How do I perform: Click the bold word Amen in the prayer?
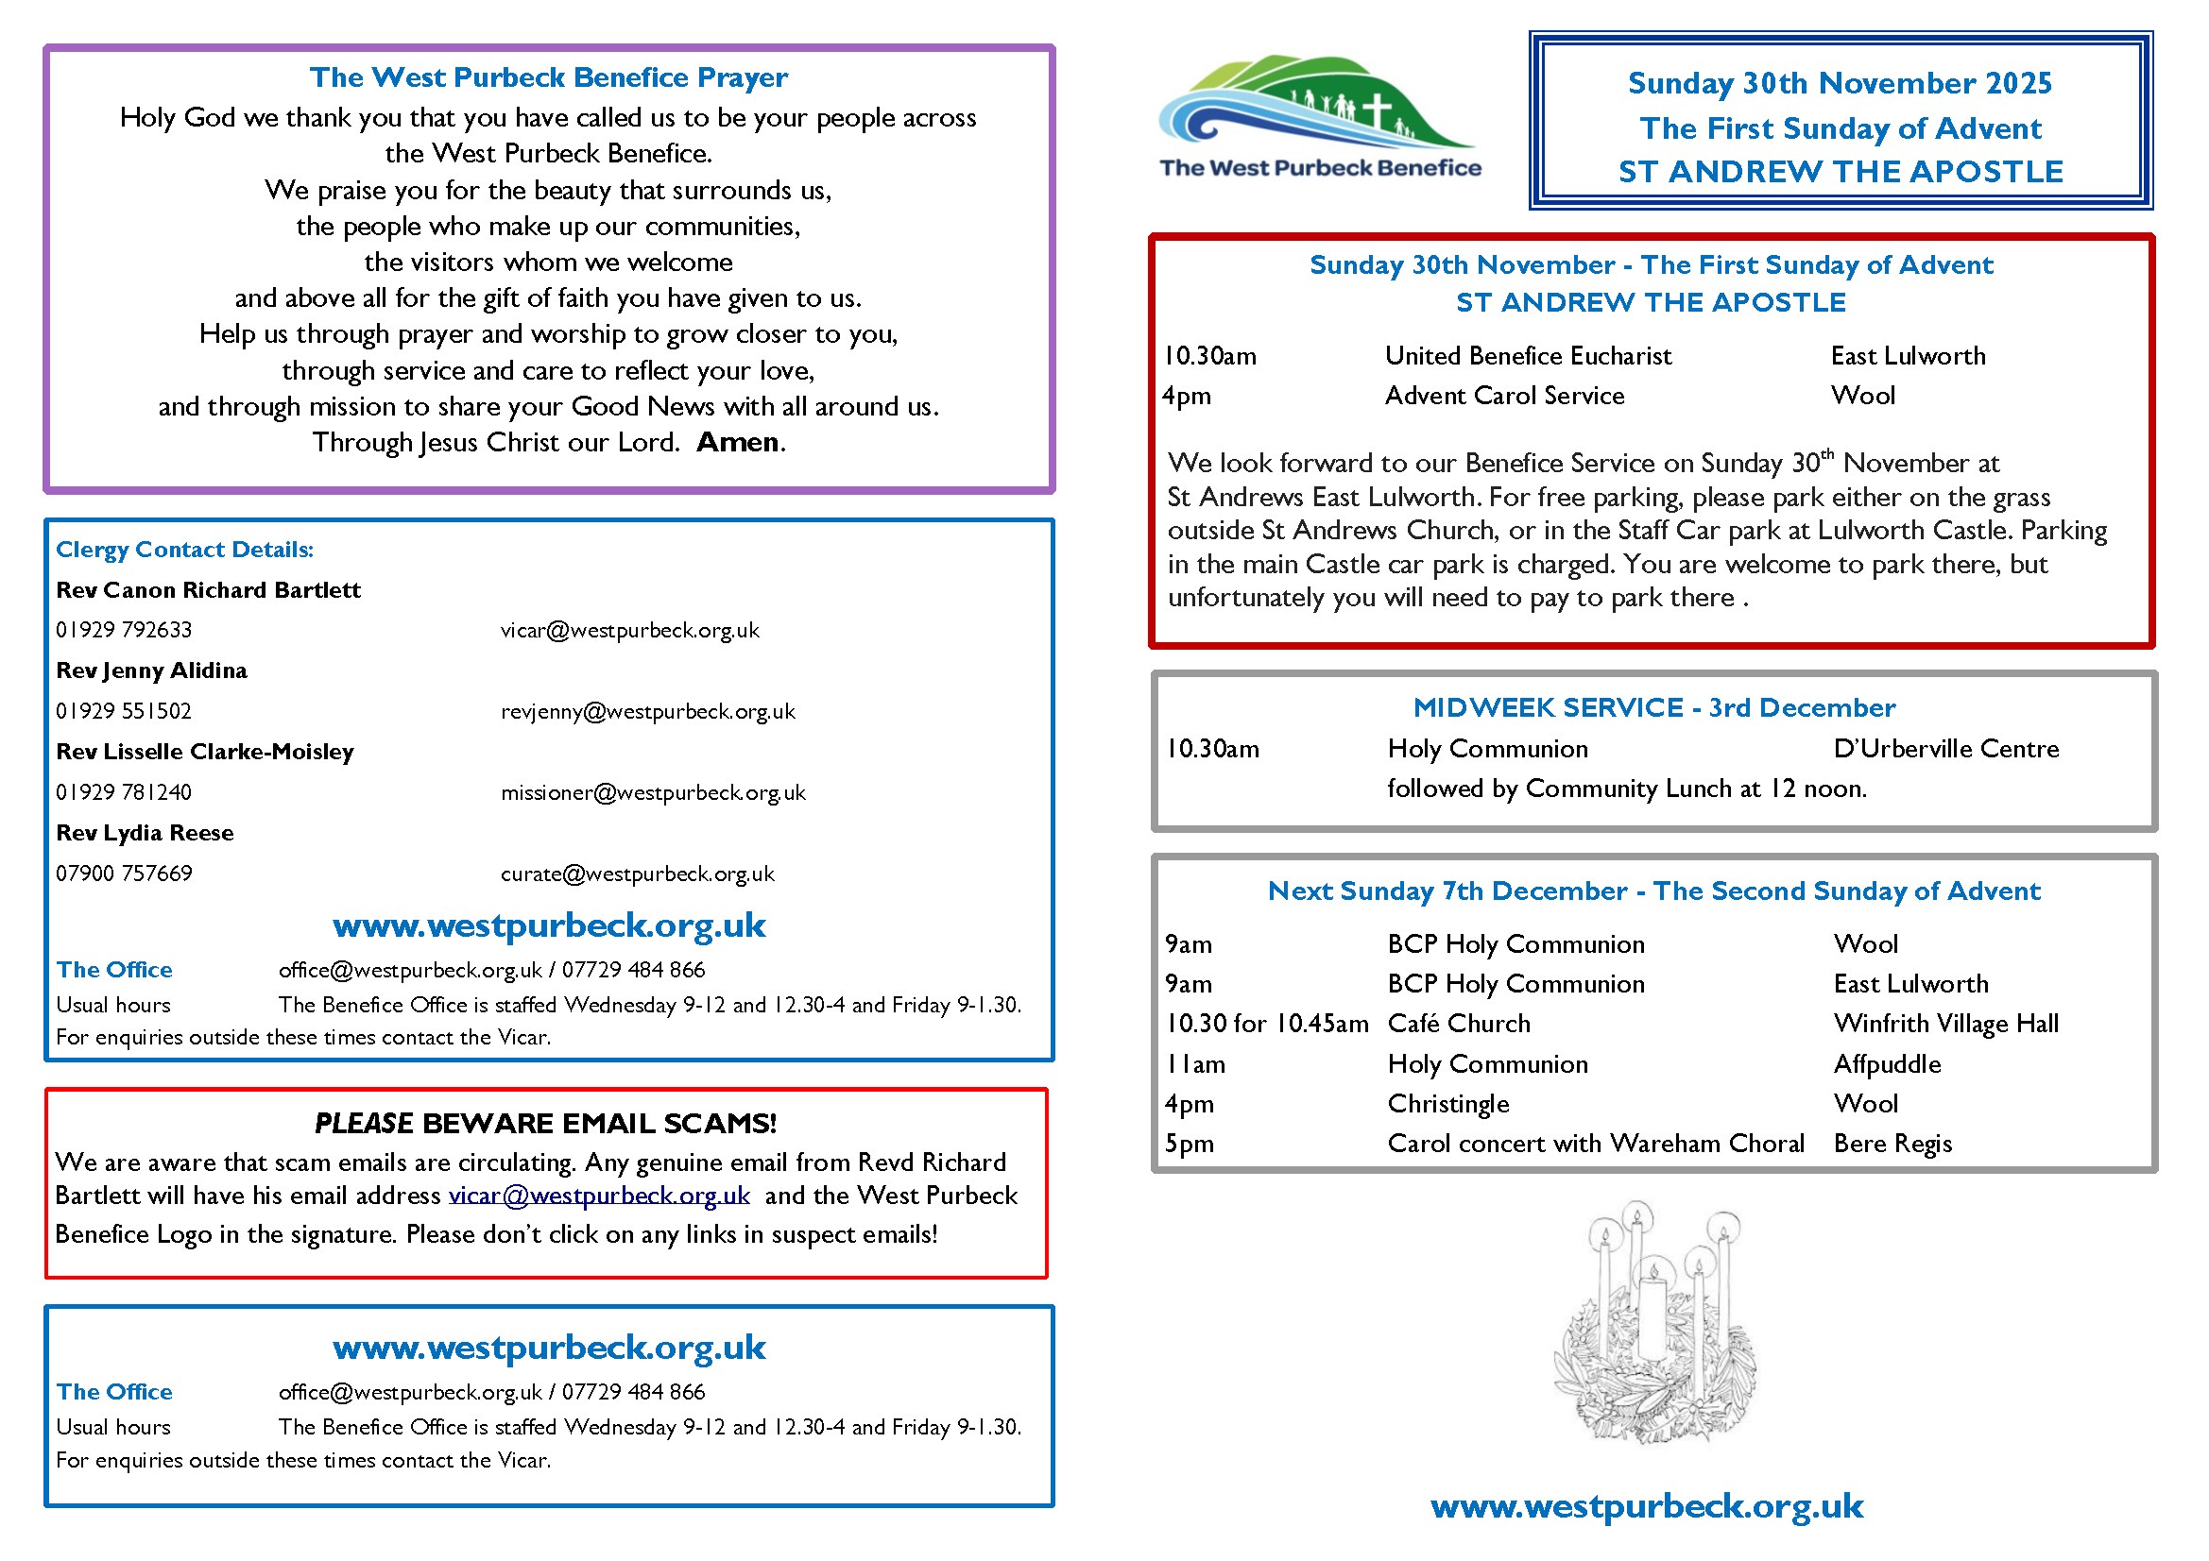737,443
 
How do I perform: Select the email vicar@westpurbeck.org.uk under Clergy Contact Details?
629,631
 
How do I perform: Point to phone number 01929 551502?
124,712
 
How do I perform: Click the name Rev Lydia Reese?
145,833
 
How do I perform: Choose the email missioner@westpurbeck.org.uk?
652,793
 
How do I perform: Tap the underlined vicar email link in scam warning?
598,1196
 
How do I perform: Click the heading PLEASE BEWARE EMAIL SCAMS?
545,1124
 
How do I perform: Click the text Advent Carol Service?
1504,396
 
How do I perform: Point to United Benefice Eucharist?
1527,356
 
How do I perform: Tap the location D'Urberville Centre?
1945,749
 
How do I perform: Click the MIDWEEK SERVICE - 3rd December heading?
1652,708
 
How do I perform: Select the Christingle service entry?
1447,1104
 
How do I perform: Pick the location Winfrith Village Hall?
1945,1024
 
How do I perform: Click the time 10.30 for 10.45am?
1266,1024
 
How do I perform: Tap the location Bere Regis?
1892,1144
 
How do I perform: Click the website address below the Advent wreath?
1646,1506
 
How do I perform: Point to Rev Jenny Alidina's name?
151,670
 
